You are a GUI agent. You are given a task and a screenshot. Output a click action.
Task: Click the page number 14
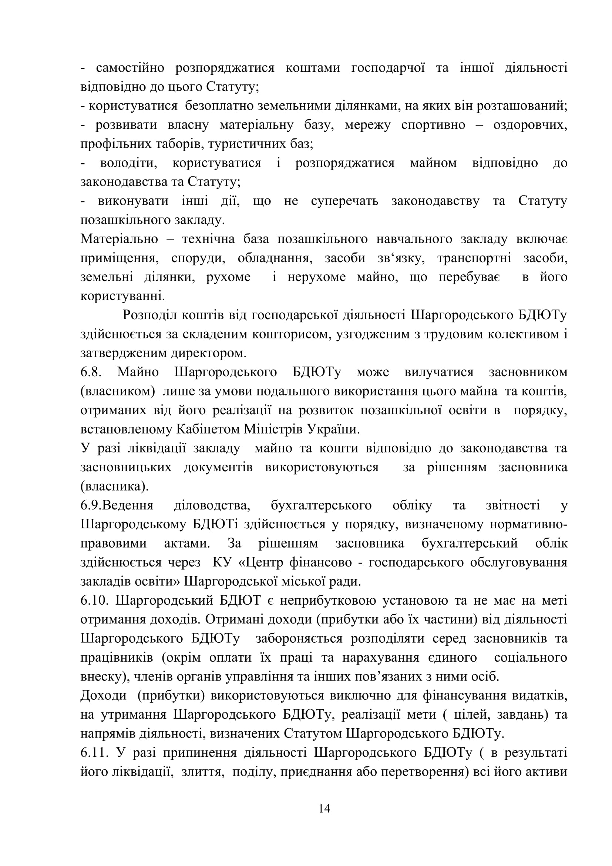(324, 808)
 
